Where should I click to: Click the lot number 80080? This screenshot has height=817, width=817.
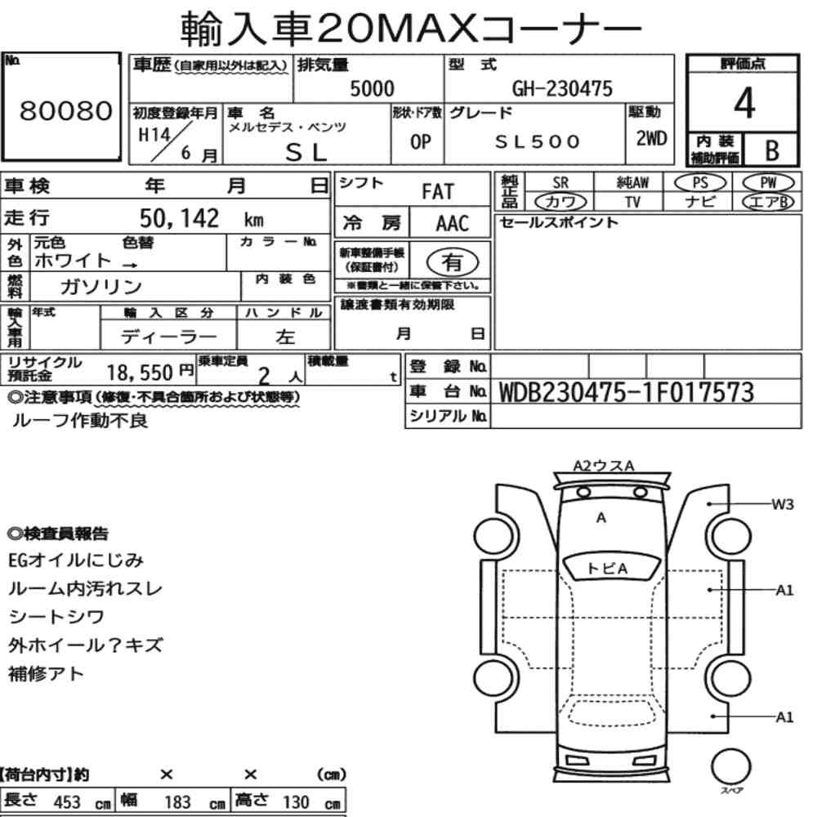(x=66, y=110)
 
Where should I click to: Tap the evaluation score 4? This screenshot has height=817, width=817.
(x=744, y=103)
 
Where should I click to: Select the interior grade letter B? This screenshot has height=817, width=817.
(x=772, y=150)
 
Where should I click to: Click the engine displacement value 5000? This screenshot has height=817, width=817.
(x=372, y=88)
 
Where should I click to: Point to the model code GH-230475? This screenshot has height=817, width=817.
(x=562, y=88)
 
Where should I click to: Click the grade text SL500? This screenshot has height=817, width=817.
(x=538, y=141)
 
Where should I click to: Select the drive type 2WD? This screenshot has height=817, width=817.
(x=651, y=139)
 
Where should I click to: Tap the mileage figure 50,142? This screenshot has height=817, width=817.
(x=179, y=218)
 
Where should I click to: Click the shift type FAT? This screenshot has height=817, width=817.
(x=438, y=192)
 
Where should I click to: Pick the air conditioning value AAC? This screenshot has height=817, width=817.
(x=453, y=224)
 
